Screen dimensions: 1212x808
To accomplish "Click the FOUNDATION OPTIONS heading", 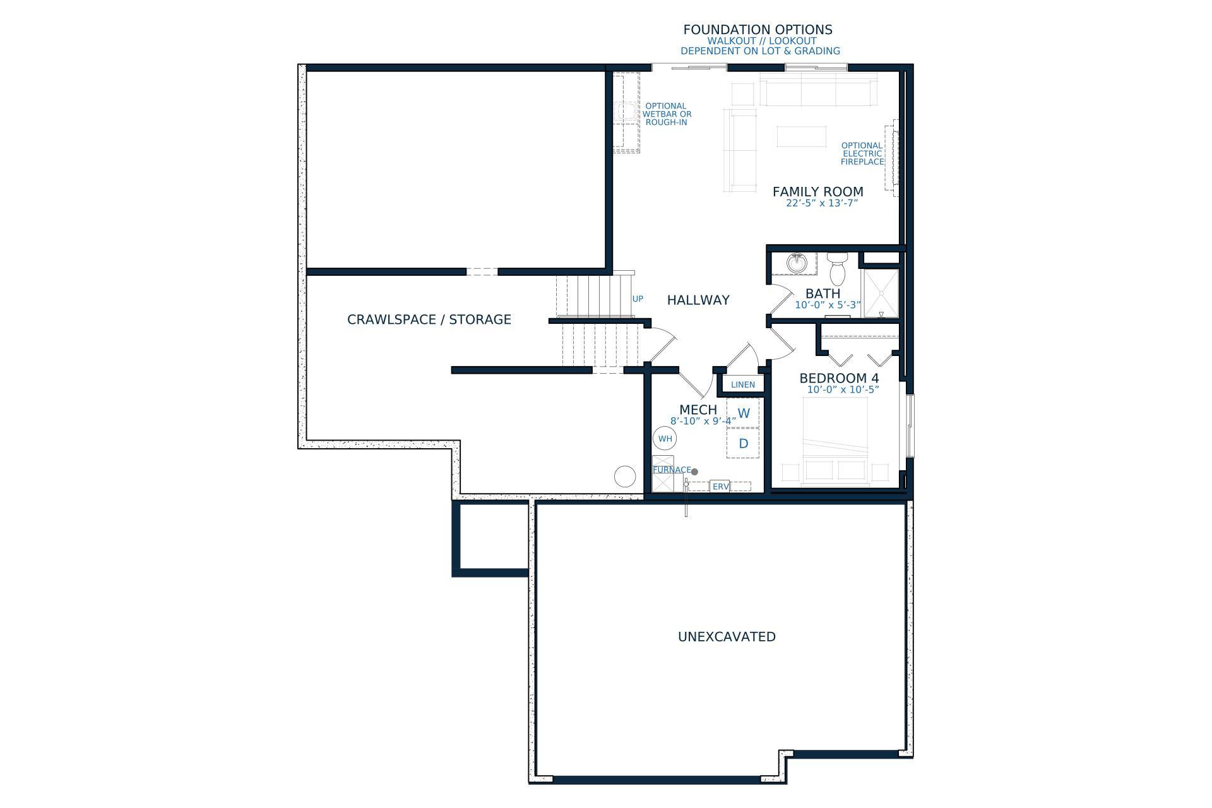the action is pos(757,30).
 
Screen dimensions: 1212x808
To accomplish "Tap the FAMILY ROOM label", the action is pos(817,191).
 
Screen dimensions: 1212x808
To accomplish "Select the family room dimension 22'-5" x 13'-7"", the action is pos(822,203).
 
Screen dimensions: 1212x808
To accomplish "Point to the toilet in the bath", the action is pos(838,268).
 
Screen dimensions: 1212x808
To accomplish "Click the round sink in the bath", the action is pos(797,262).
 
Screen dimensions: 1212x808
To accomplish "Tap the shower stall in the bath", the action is pos(881,294).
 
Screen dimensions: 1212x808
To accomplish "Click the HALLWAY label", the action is pos(698,300).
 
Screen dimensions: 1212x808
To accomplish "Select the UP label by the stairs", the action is pos(638,299).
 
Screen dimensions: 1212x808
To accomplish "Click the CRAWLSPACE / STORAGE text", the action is pos(429,319).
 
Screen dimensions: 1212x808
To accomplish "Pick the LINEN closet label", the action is pos(743,384).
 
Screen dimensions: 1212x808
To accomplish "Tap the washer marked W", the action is pos(744,413).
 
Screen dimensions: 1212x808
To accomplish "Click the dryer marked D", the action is pos(744,443).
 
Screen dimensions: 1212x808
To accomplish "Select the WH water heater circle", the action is pos(665,439).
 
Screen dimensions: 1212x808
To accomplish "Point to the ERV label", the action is pos(720,487).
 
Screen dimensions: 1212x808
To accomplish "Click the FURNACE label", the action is pos(672,470).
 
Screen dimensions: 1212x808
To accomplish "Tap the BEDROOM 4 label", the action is pos(839,378).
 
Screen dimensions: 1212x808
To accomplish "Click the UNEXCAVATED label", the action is pos(727,636).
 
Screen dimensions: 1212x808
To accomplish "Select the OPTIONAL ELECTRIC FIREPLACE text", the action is pos(862,153).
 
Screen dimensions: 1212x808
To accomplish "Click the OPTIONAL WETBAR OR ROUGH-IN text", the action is pos(667,114).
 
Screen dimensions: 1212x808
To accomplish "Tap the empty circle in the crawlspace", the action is pos(625,476).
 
